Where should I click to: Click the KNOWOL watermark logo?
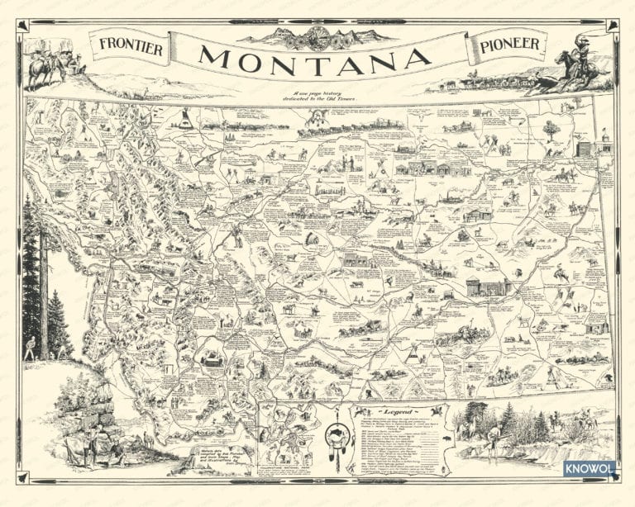pos(590,468)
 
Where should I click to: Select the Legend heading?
pos(399,411)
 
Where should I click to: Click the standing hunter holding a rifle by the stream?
pos(494,446)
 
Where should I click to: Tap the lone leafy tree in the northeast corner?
pos(549,127)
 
